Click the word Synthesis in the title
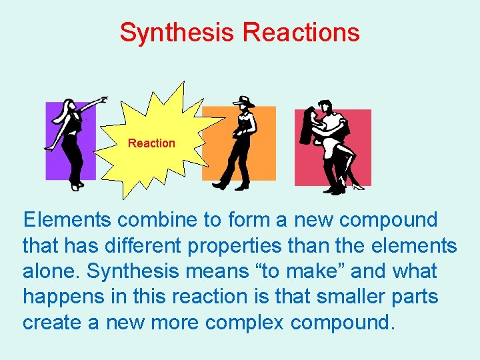click(178, 32)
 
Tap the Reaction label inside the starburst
click(151, 143)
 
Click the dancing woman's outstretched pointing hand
click(103, 100)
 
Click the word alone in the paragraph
click(50, 271)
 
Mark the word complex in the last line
click(245, 323)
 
